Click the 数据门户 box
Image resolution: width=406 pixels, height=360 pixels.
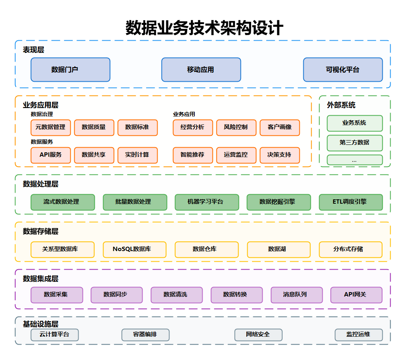coord(70,70)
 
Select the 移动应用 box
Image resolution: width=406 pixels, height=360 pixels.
coord(201,70)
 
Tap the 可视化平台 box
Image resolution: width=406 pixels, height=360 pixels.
coord(343,70)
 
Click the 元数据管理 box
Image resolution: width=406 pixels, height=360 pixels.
coord(51,127)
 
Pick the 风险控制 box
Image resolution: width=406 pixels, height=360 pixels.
coord(236,127)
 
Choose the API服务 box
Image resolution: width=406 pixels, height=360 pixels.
coord(51,155)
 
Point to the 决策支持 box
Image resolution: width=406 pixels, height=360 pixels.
coord(280,155)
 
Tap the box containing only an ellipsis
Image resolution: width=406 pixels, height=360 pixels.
coord(355,160)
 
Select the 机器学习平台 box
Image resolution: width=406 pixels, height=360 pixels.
coord(207,202)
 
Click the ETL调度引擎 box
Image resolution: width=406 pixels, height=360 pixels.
coord(351,202)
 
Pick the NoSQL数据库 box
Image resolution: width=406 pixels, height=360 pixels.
coord(134,249)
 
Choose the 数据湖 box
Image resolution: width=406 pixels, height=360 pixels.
coord(278,249)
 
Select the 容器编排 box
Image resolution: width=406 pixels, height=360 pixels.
coord(145,335)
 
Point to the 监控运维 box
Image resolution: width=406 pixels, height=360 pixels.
coord(359,335)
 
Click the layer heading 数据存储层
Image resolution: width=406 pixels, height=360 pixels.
coord(41,232)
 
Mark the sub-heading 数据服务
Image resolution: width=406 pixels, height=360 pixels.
coord(42,142)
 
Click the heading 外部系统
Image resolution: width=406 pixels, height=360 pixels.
coord(341,105)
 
